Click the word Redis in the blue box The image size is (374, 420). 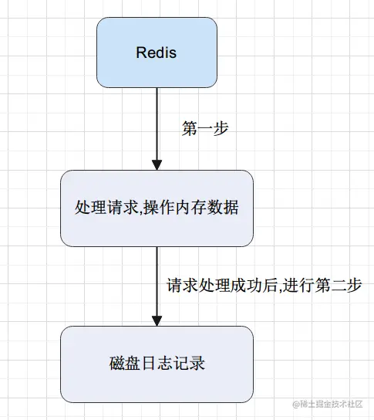tap(157, 52)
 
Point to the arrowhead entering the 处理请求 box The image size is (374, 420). tap(157, 164)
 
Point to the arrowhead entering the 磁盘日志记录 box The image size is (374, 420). tap(157, 320)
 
